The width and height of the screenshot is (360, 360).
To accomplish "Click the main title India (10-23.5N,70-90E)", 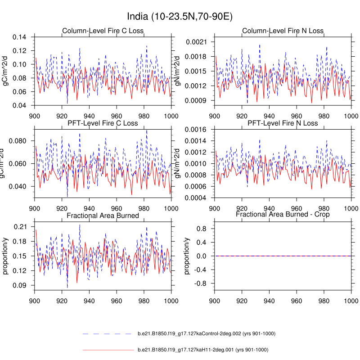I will [180, 17].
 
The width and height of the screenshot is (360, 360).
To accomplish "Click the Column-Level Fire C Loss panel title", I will [103, 31].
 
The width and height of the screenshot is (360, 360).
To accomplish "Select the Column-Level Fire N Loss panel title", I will [283, 31].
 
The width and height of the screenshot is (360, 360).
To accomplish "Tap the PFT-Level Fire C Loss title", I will [103, 123].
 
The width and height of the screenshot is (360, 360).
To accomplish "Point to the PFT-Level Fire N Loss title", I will [283, 123].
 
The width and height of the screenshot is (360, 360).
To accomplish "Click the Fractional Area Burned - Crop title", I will [283, 215].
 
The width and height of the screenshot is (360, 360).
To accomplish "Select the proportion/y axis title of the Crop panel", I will [187, 256].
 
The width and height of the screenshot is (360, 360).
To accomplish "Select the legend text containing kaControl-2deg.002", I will [206, 334].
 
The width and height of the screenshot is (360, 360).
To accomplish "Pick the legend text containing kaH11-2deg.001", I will [203, 350].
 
